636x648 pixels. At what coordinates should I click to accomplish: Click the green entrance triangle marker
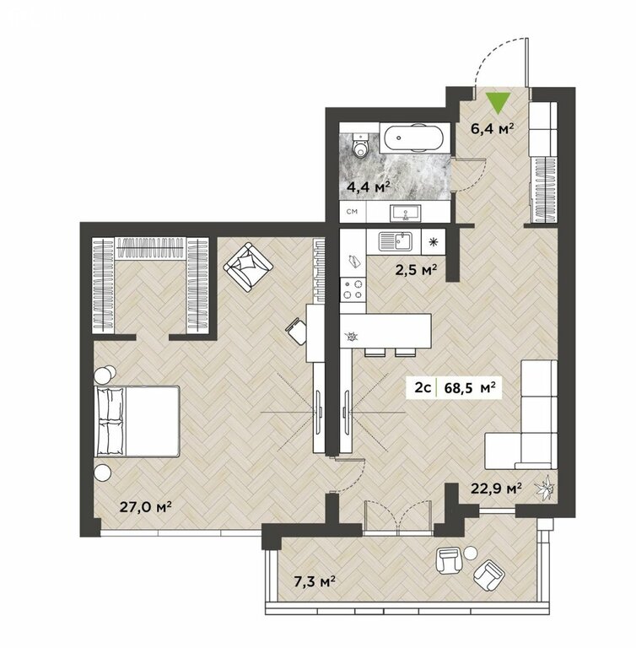point(498,102)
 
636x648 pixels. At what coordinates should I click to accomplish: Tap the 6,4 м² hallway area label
point(493,129)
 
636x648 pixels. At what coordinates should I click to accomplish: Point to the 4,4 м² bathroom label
point(369,187)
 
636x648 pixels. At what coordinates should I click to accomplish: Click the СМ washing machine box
point(353,212)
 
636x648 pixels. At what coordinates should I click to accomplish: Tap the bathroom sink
point(406,213)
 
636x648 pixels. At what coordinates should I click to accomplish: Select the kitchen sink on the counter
point(395,241)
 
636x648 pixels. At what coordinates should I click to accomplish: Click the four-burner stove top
point(353,289)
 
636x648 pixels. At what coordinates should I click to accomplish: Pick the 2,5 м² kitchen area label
point(416,271)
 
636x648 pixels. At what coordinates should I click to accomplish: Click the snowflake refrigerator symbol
point(433,242)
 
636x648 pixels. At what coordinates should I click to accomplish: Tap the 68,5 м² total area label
point(470,388)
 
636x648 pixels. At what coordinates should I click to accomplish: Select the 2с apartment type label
point(423,388)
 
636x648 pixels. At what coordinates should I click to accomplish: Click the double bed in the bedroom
point(137,421)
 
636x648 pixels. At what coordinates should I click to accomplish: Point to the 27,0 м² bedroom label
point(145,506)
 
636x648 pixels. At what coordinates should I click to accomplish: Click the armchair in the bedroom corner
point(248,267)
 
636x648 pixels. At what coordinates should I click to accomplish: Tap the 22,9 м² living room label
point(496,489)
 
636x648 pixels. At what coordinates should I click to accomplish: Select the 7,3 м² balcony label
point(314,582)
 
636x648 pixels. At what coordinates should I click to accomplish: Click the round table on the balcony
point(471,553)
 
